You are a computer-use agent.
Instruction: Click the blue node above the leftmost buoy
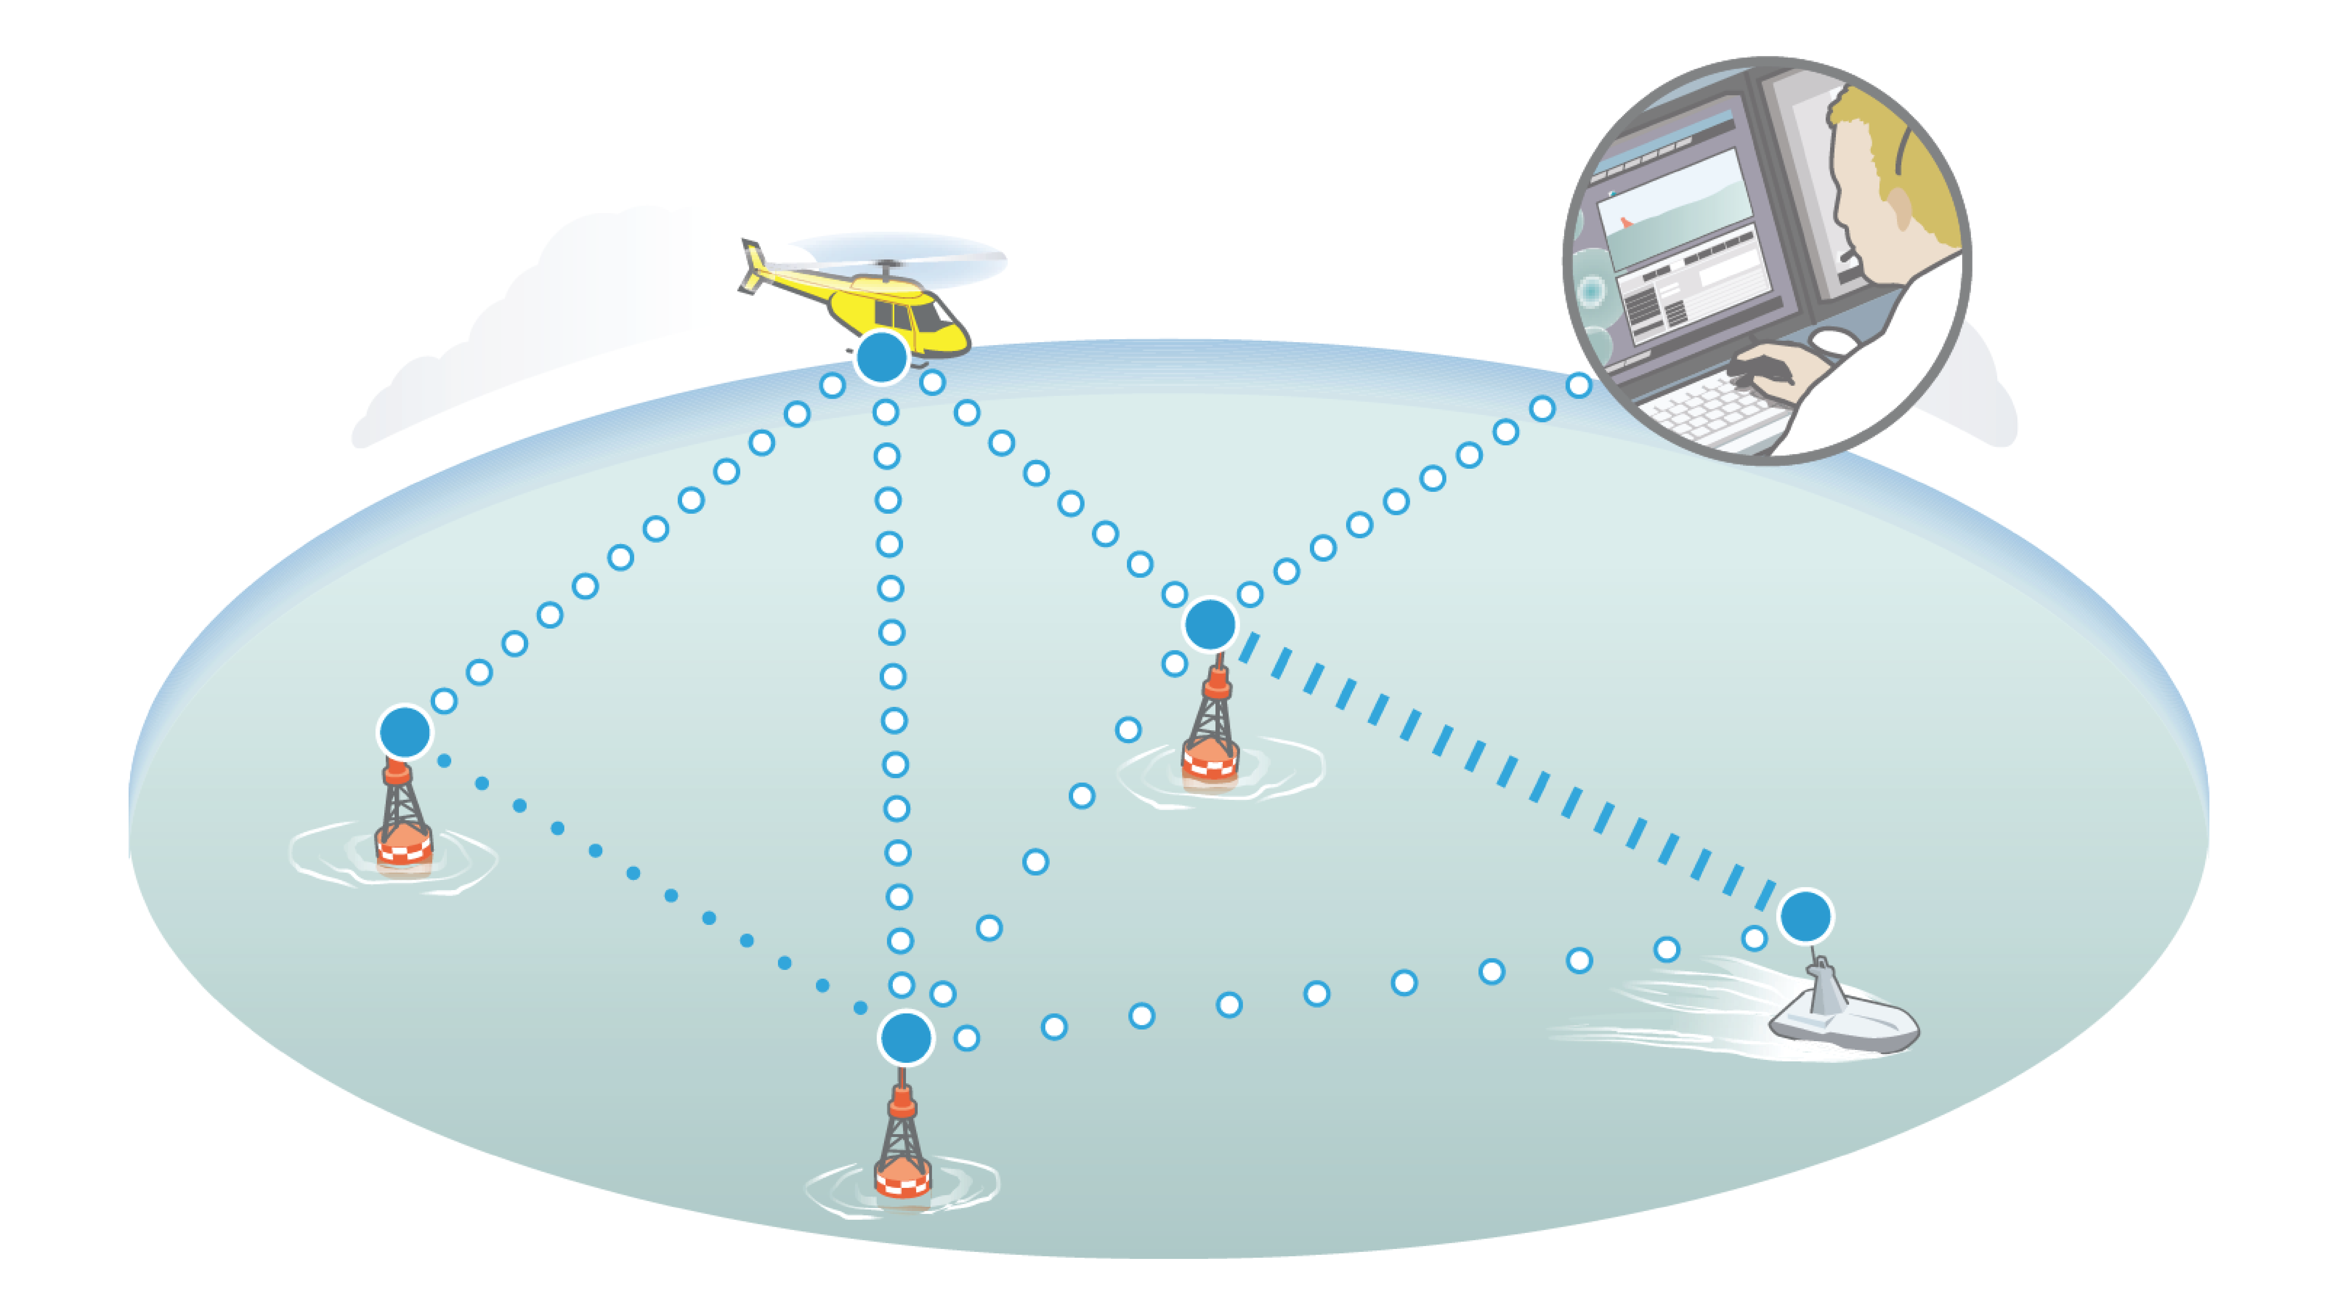tap(405, 731)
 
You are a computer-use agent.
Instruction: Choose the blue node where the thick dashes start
tap(1210, 624)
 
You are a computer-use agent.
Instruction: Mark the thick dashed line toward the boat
tap(1507, 771)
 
